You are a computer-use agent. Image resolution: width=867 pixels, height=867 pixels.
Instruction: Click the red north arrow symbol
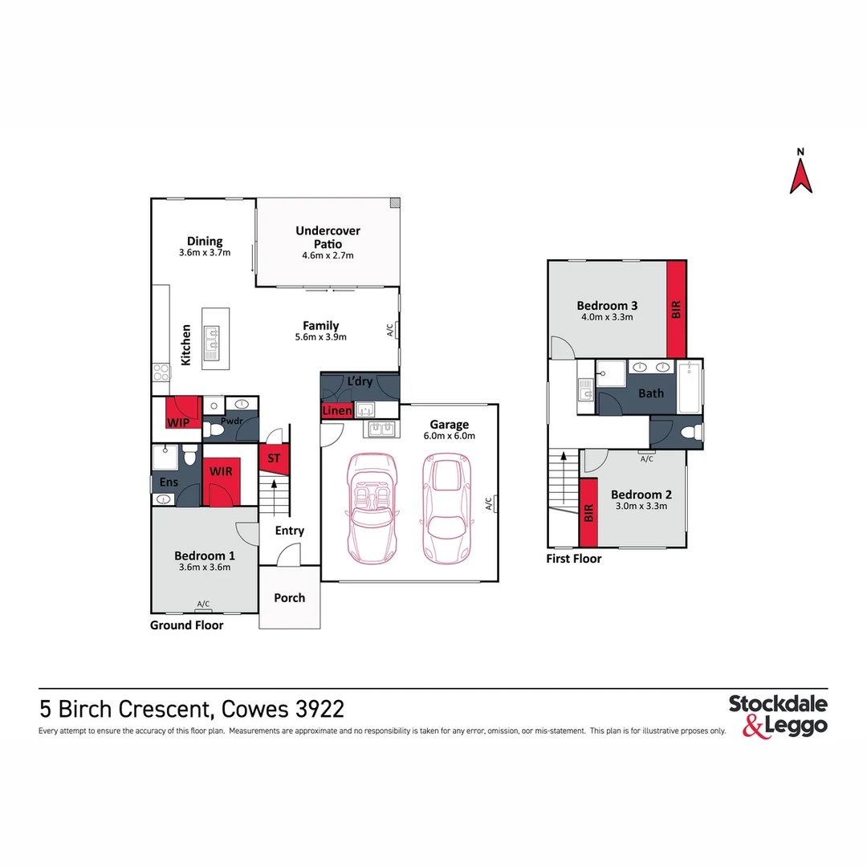click(800, 176)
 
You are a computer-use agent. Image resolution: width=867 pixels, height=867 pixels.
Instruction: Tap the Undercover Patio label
click(328, 237)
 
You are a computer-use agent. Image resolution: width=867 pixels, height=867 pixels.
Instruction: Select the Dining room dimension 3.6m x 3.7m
click(205, 253)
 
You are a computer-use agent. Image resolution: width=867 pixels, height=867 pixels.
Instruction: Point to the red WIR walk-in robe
click(221, 478)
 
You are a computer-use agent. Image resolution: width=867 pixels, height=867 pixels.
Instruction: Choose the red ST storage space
click(274, 458)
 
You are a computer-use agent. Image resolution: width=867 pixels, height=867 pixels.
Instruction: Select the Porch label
click(289, 598)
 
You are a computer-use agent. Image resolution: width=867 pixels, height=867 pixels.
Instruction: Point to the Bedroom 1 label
click(205, 556)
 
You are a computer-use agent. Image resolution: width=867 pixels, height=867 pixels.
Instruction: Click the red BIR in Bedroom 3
click(676, 308)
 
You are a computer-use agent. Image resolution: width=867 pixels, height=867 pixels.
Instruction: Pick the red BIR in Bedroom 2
click(588, 511)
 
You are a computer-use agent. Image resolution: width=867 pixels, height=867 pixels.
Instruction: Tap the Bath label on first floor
click(651, 393)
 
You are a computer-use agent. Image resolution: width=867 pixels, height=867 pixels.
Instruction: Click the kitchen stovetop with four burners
click(161, 372)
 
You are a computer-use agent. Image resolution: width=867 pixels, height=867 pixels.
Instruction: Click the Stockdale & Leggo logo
click(777, 715)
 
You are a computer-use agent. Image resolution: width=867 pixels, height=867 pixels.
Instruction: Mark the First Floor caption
click(573, 559)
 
